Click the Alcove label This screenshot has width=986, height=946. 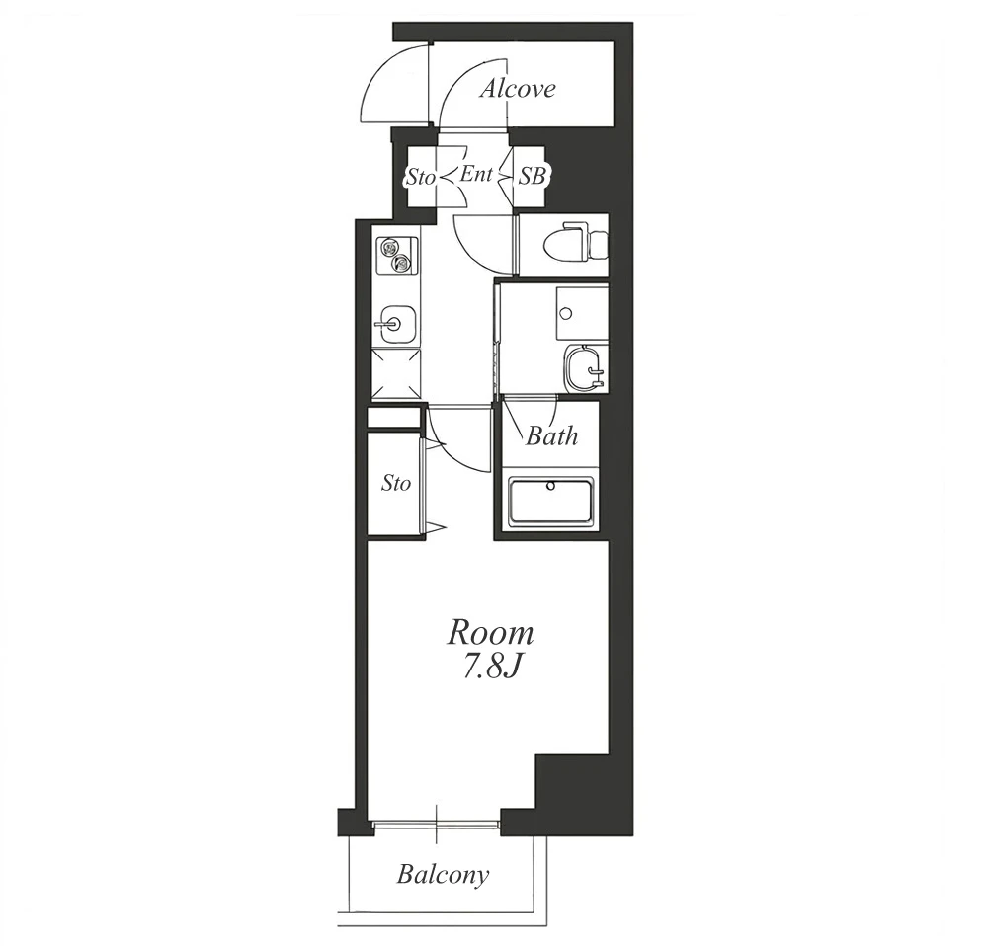coord(518,89)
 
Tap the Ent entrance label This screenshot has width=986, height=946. coord(476,174)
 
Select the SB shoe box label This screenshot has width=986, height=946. coord(532,177)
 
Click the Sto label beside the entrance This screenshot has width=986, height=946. coord(420,178)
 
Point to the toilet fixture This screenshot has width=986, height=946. coord(573,244)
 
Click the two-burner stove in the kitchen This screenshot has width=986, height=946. coord(395,255)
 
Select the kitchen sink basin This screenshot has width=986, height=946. coord(393,324)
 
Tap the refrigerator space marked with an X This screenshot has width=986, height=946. coord(395,374)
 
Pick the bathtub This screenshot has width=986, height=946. coord(551,502)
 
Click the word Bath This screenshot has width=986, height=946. coord(551,435)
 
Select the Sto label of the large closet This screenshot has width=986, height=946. coord(396,484)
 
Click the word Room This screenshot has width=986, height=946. coord(490,634)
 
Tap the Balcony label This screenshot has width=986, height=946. coord(443,874)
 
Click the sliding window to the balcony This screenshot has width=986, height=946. coord(436,826)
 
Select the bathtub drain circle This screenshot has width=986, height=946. coord(551,485)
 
